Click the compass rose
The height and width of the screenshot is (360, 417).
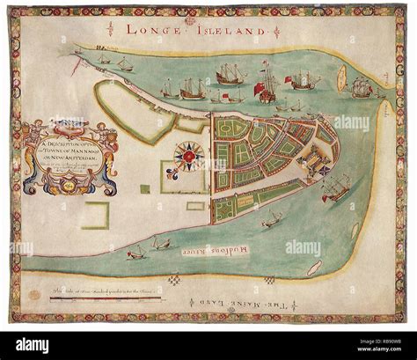tap(189, 157)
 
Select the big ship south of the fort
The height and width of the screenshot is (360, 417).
tap(335, 187)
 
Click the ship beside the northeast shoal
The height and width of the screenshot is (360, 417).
tap(362, 86)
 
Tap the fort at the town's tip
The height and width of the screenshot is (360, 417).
tap(317, 164)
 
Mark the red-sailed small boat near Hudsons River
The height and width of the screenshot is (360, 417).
tap(136, 253)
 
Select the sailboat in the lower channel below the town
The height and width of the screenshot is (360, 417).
tap(271, 217)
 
